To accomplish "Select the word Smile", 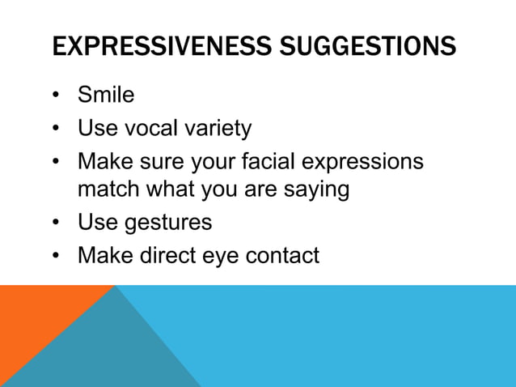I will tap(106, 96).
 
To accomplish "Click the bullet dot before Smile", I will tap(57, 96).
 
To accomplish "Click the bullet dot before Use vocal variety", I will tap(57, 129).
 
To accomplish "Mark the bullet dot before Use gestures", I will tap(57, 223).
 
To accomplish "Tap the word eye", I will tap(222, 257).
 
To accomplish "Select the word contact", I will tap(282, 255).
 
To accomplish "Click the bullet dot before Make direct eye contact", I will tap(57, 256).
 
